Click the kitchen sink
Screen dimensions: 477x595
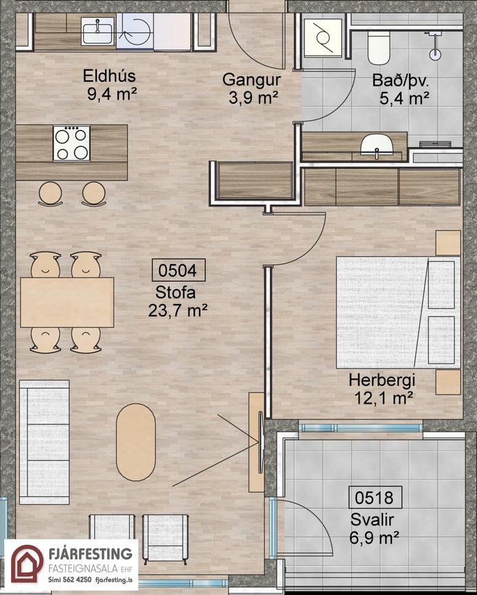tap(97, 32)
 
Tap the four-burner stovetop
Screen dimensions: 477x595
tap(71, 143)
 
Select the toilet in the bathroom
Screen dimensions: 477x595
tap(379, 48)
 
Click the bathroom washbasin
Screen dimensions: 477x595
tap(376, 146)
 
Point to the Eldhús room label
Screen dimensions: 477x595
tap(109, 76)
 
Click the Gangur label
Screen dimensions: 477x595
tap(252, 80)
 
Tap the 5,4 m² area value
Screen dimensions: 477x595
tap(404, 98)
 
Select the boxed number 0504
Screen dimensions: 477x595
tap(178, 270)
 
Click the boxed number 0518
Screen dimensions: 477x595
tap(375, 497)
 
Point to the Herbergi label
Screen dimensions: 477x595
tap(382, 381)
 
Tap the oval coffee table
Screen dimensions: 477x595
tap(136, 442)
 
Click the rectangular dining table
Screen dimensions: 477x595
tap(67, 302)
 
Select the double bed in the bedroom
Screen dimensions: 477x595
tap(399, 312)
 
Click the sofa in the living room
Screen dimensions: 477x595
tap(45, 442)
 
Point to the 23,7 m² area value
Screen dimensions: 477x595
tap(178, 311)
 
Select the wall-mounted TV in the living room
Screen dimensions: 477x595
tap(261, 443)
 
